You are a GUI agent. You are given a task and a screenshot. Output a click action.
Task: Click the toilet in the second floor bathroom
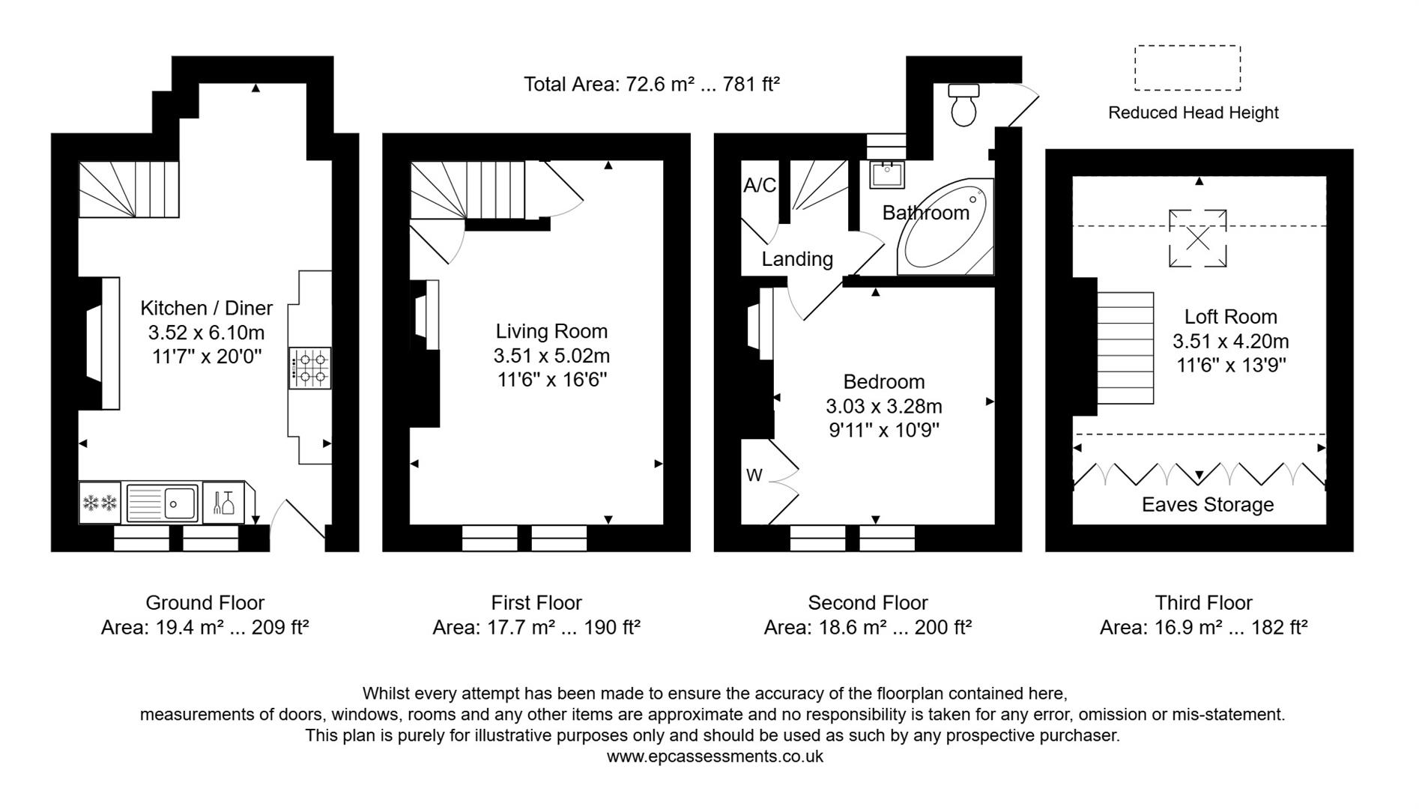(x=963, y=105)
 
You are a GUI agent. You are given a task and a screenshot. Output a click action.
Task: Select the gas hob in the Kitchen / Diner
(x=310, y=368)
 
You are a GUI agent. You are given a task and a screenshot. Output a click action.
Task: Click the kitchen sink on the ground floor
(x=163, y=502)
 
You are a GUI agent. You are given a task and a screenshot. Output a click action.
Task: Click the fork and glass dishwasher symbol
(x=223, y=502)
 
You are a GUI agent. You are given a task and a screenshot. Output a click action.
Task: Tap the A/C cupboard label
(x=760, y=186)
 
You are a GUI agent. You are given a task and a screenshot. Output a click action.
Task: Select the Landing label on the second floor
(x=797, y=259)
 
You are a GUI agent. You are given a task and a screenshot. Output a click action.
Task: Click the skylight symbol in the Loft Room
(x=1197, y=238)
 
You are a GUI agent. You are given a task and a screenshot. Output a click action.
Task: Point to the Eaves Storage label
(x=1207, y=505)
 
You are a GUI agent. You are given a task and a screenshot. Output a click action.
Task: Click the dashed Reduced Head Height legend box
(x=1187, y=68)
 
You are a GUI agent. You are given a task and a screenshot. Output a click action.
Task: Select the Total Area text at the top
(x=651, y=84)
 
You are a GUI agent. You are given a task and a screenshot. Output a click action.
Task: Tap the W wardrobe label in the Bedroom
(x=754, y=476)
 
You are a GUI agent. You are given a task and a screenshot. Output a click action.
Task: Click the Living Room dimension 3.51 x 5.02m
(x=551, y=356)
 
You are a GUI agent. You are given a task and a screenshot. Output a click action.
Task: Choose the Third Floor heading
(x=1203, y=603)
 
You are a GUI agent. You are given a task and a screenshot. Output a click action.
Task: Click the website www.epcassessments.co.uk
(x=714, y=757)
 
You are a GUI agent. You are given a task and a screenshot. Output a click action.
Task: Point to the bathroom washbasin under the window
(x=887, y=174)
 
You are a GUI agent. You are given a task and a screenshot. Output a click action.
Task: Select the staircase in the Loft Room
(x=1125, y=348)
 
